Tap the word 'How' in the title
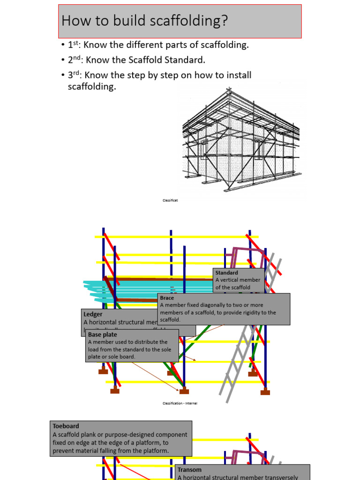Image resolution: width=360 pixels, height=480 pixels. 73,20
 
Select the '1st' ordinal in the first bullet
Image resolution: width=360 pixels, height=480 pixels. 73,45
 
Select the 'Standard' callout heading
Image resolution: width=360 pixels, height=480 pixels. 227,273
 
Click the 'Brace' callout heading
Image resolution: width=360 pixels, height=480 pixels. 167,298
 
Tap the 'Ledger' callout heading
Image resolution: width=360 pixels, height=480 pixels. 93,314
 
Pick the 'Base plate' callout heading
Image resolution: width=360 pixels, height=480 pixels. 103,335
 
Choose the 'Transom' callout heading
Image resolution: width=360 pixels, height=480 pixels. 190,470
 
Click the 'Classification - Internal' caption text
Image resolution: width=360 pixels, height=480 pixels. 180,403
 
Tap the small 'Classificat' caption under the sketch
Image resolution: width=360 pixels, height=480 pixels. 170,200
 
